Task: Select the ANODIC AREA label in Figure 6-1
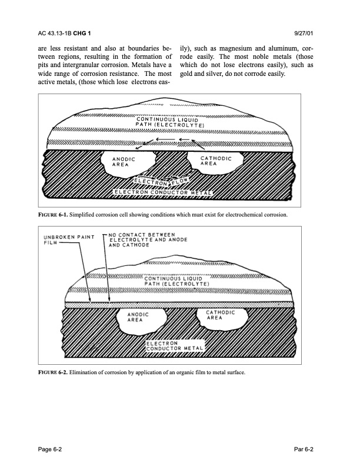(125, 162)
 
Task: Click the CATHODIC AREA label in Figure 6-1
(216, 161)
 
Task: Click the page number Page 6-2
(52, 449)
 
